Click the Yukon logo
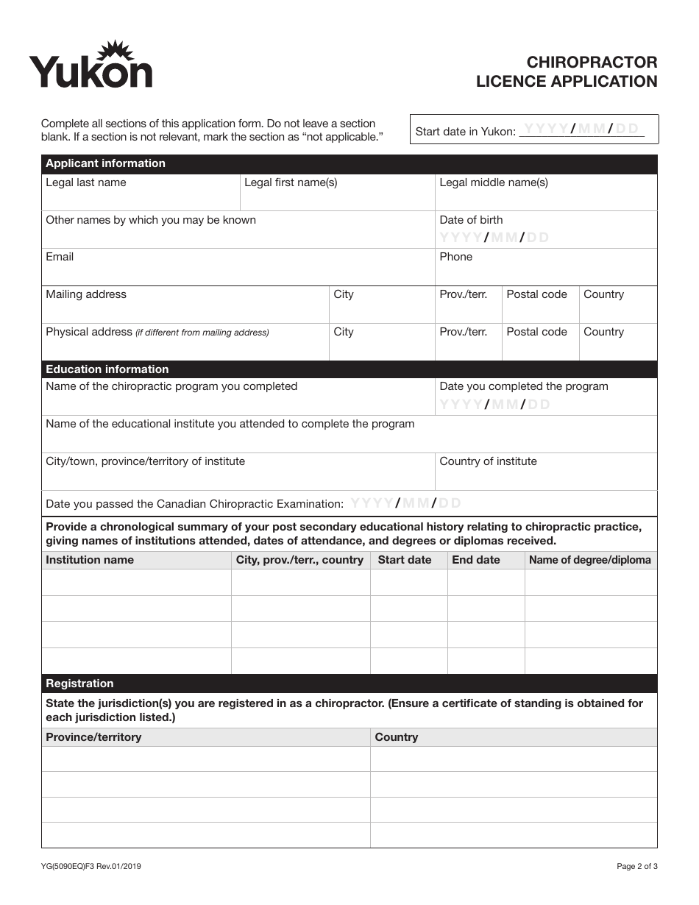pos(91,66)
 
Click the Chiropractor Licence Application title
pos(567,71)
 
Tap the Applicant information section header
pos(106,163)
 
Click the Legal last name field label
pos(86,182)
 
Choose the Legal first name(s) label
pos(291,182)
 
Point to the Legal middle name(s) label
pos(494,182)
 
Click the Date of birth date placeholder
pos(494,237)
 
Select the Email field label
pos(60,257)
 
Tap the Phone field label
pos(455,257)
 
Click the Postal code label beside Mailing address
pos(536,294)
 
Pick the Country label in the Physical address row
pos(603,332)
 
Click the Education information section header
pos(107,369)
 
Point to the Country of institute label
pos(488,461)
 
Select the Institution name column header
pos(90,560)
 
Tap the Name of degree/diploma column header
pos(589,560)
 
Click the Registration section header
pos(79,684)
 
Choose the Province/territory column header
pos(93,737)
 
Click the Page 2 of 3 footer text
pos(636,866)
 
